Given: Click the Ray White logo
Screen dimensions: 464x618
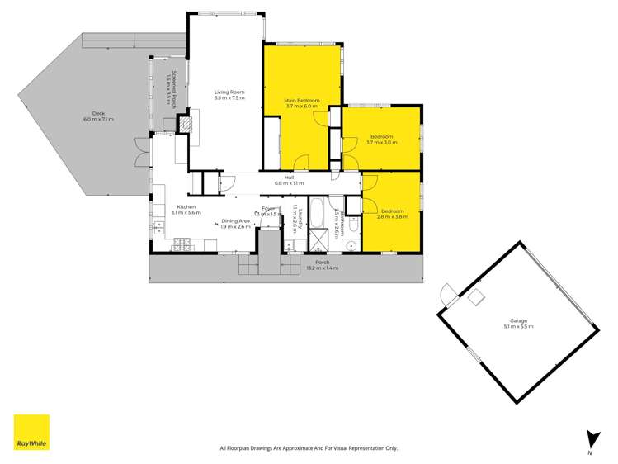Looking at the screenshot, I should (31, 433).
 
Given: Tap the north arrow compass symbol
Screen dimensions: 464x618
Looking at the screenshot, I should (590, 439).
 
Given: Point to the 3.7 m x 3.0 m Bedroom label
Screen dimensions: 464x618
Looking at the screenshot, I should (381, 140).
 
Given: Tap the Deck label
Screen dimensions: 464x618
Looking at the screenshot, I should (98, 116).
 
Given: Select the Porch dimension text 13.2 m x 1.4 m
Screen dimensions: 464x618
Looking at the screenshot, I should (322, 268).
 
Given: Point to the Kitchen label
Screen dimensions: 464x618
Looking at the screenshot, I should (185, 210).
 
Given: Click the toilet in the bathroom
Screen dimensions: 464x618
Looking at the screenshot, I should (352, 225).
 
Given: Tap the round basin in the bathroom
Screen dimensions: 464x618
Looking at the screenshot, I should (351, 244).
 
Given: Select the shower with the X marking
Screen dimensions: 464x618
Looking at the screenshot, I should (318, 240).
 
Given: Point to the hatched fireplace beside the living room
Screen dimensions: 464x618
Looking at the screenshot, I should (188, 125).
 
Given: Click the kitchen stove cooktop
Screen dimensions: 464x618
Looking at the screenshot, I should (182, 244).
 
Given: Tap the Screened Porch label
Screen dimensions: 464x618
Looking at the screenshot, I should (166, 85).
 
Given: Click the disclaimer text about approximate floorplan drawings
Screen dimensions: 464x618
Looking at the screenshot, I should (309, 448).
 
